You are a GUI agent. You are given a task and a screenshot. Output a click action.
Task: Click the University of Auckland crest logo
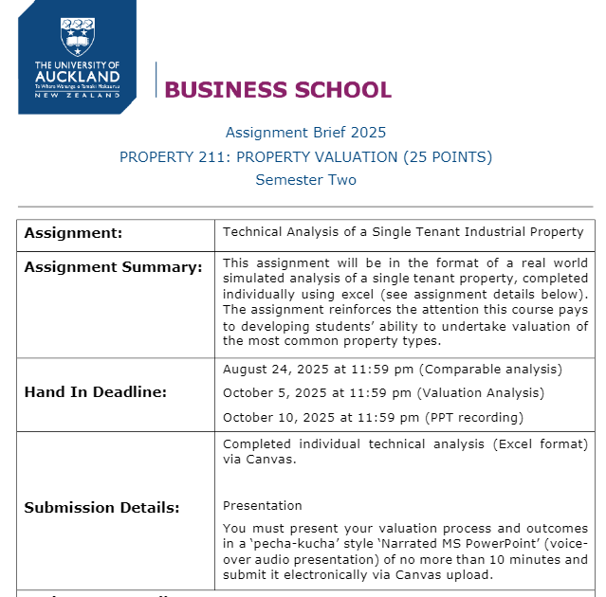[x=77, y=36]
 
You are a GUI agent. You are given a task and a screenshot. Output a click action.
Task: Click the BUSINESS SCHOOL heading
[x=277, y=90]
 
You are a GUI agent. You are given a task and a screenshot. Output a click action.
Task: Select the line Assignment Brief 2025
[x=305, y=133]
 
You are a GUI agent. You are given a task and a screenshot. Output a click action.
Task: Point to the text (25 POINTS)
[x=448, y=156]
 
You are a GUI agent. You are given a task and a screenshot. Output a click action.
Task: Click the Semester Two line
[x=305, y=180]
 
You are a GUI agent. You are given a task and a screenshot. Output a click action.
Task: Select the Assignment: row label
[x=73, y=233]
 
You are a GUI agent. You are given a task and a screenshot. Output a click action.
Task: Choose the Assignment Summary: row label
[x=113, y=267]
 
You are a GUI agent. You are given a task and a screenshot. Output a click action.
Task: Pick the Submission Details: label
[x=101, y=508]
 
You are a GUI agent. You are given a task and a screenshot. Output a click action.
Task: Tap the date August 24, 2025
[x=270, y=370]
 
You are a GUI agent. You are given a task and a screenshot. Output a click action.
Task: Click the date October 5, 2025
[x=270, y=392]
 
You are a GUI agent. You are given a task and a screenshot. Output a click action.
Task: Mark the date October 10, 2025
[x=274, y=417]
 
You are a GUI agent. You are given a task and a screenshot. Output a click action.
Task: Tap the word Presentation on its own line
[x=263, y=505]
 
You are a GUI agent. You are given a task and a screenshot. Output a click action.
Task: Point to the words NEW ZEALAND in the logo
[x=77, y=96]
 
